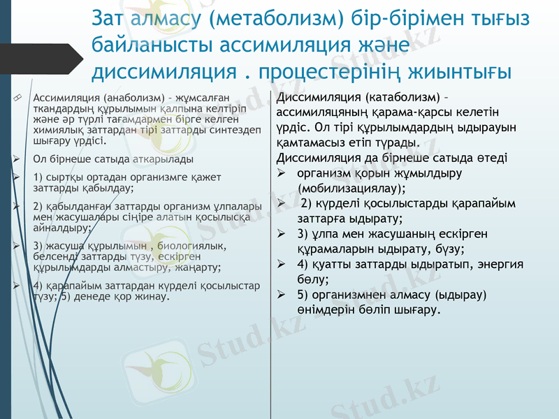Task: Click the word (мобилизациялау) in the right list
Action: click(351, 188)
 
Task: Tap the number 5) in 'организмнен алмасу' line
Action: click(303, 295)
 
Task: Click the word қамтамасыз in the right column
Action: click(310, 142)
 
